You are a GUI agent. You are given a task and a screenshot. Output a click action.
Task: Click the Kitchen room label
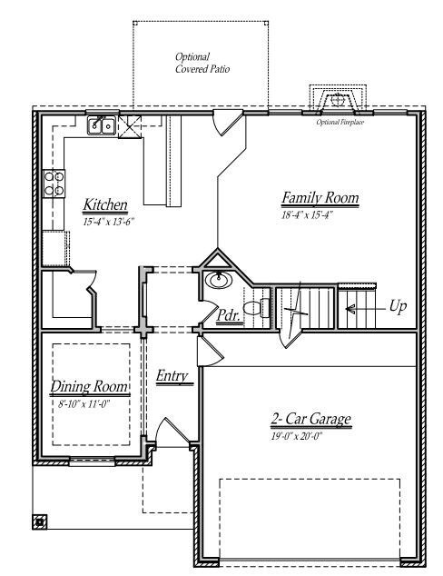pyautogui.click(x=105, y=204)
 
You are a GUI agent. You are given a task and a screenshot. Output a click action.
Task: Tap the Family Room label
pyautogui.click(x=320, y=197)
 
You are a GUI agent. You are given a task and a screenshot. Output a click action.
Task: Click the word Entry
pyautogui.click(x=172, y=375)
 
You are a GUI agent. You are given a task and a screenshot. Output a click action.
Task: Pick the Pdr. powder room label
pyautogui.click(x=229, y=314)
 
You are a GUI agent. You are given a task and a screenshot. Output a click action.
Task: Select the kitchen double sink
pyautogui.click(x=101, y=125)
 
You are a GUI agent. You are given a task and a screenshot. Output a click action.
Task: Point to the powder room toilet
pyautogui.click(x=254, y=307)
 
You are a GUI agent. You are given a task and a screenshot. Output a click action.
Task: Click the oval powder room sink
pyautogui.click(x=217, y=280)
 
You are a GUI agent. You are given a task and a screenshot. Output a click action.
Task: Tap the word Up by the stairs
pyautogui.click(x=398, y=307)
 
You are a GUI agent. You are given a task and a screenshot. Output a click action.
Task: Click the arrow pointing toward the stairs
pyautogui.click(x=362, y=308)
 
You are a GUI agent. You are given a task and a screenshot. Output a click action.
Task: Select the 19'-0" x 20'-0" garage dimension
pyautogui.click(x=310, y=435)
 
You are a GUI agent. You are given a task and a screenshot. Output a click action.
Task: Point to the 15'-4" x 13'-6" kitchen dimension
pyautogui.click(x=105, y=220)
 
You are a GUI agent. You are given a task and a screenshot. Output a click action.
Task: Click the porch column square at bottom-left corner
pyautogui.click(x=40, y=521)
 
